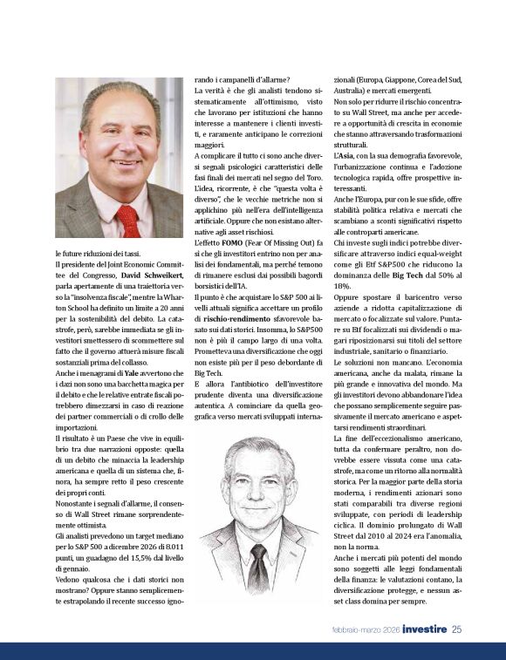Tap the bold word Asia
pos(346,154)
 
